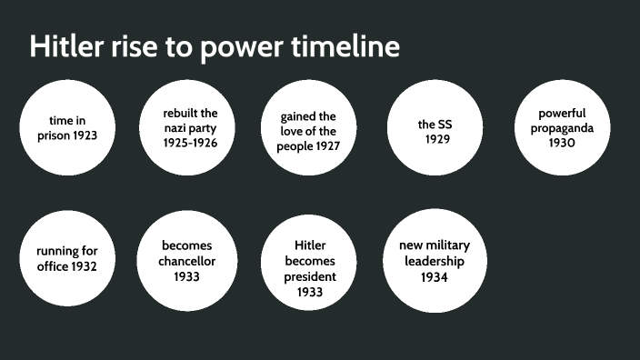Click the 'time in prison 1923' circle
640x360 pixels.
[x=67, y=128]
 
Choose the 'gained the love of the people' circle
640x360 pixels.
[x=309, y=130]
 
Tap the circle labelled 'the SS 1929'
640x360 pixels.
[x=435, y=128]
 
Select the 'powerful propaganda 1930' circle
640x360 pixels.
[x=562, y=128]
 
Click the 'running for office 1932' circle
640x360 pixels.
[x=67, y=259]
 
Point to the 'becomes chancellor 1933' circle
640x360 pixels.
[x=187, y=260]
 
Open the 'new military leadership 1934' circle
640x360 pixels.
[x=432, y=260]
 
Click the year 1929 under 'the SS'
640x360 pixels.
[x=436, y=139]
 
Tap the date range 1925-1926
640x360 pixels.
[x=190, y=143]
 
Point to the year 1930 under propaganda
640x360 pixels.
[x=562, y=143]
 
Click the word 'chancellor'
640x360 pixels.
[x=187, y=261]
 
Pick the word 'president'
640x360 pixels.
[x=310, y=276]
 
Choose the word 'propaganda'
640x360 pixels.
[x=562, y=128]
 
